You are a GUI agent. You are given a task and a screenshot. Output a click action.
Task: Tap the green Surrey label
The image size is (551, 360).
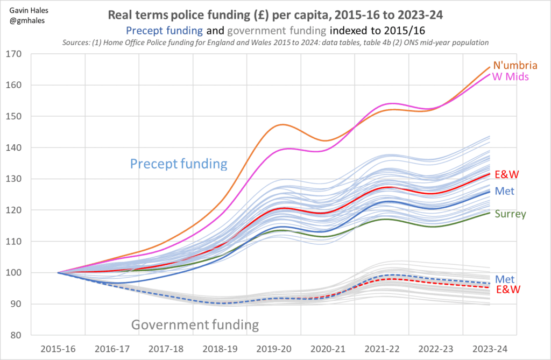click(512, 214)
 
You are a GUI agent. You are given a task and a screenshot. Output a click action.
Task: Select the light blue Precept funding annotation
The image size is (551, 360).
click(179, 163)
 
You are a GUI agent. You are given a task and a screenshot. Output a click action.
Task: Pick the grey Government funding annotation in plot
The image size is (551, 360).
click(195, 324)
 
